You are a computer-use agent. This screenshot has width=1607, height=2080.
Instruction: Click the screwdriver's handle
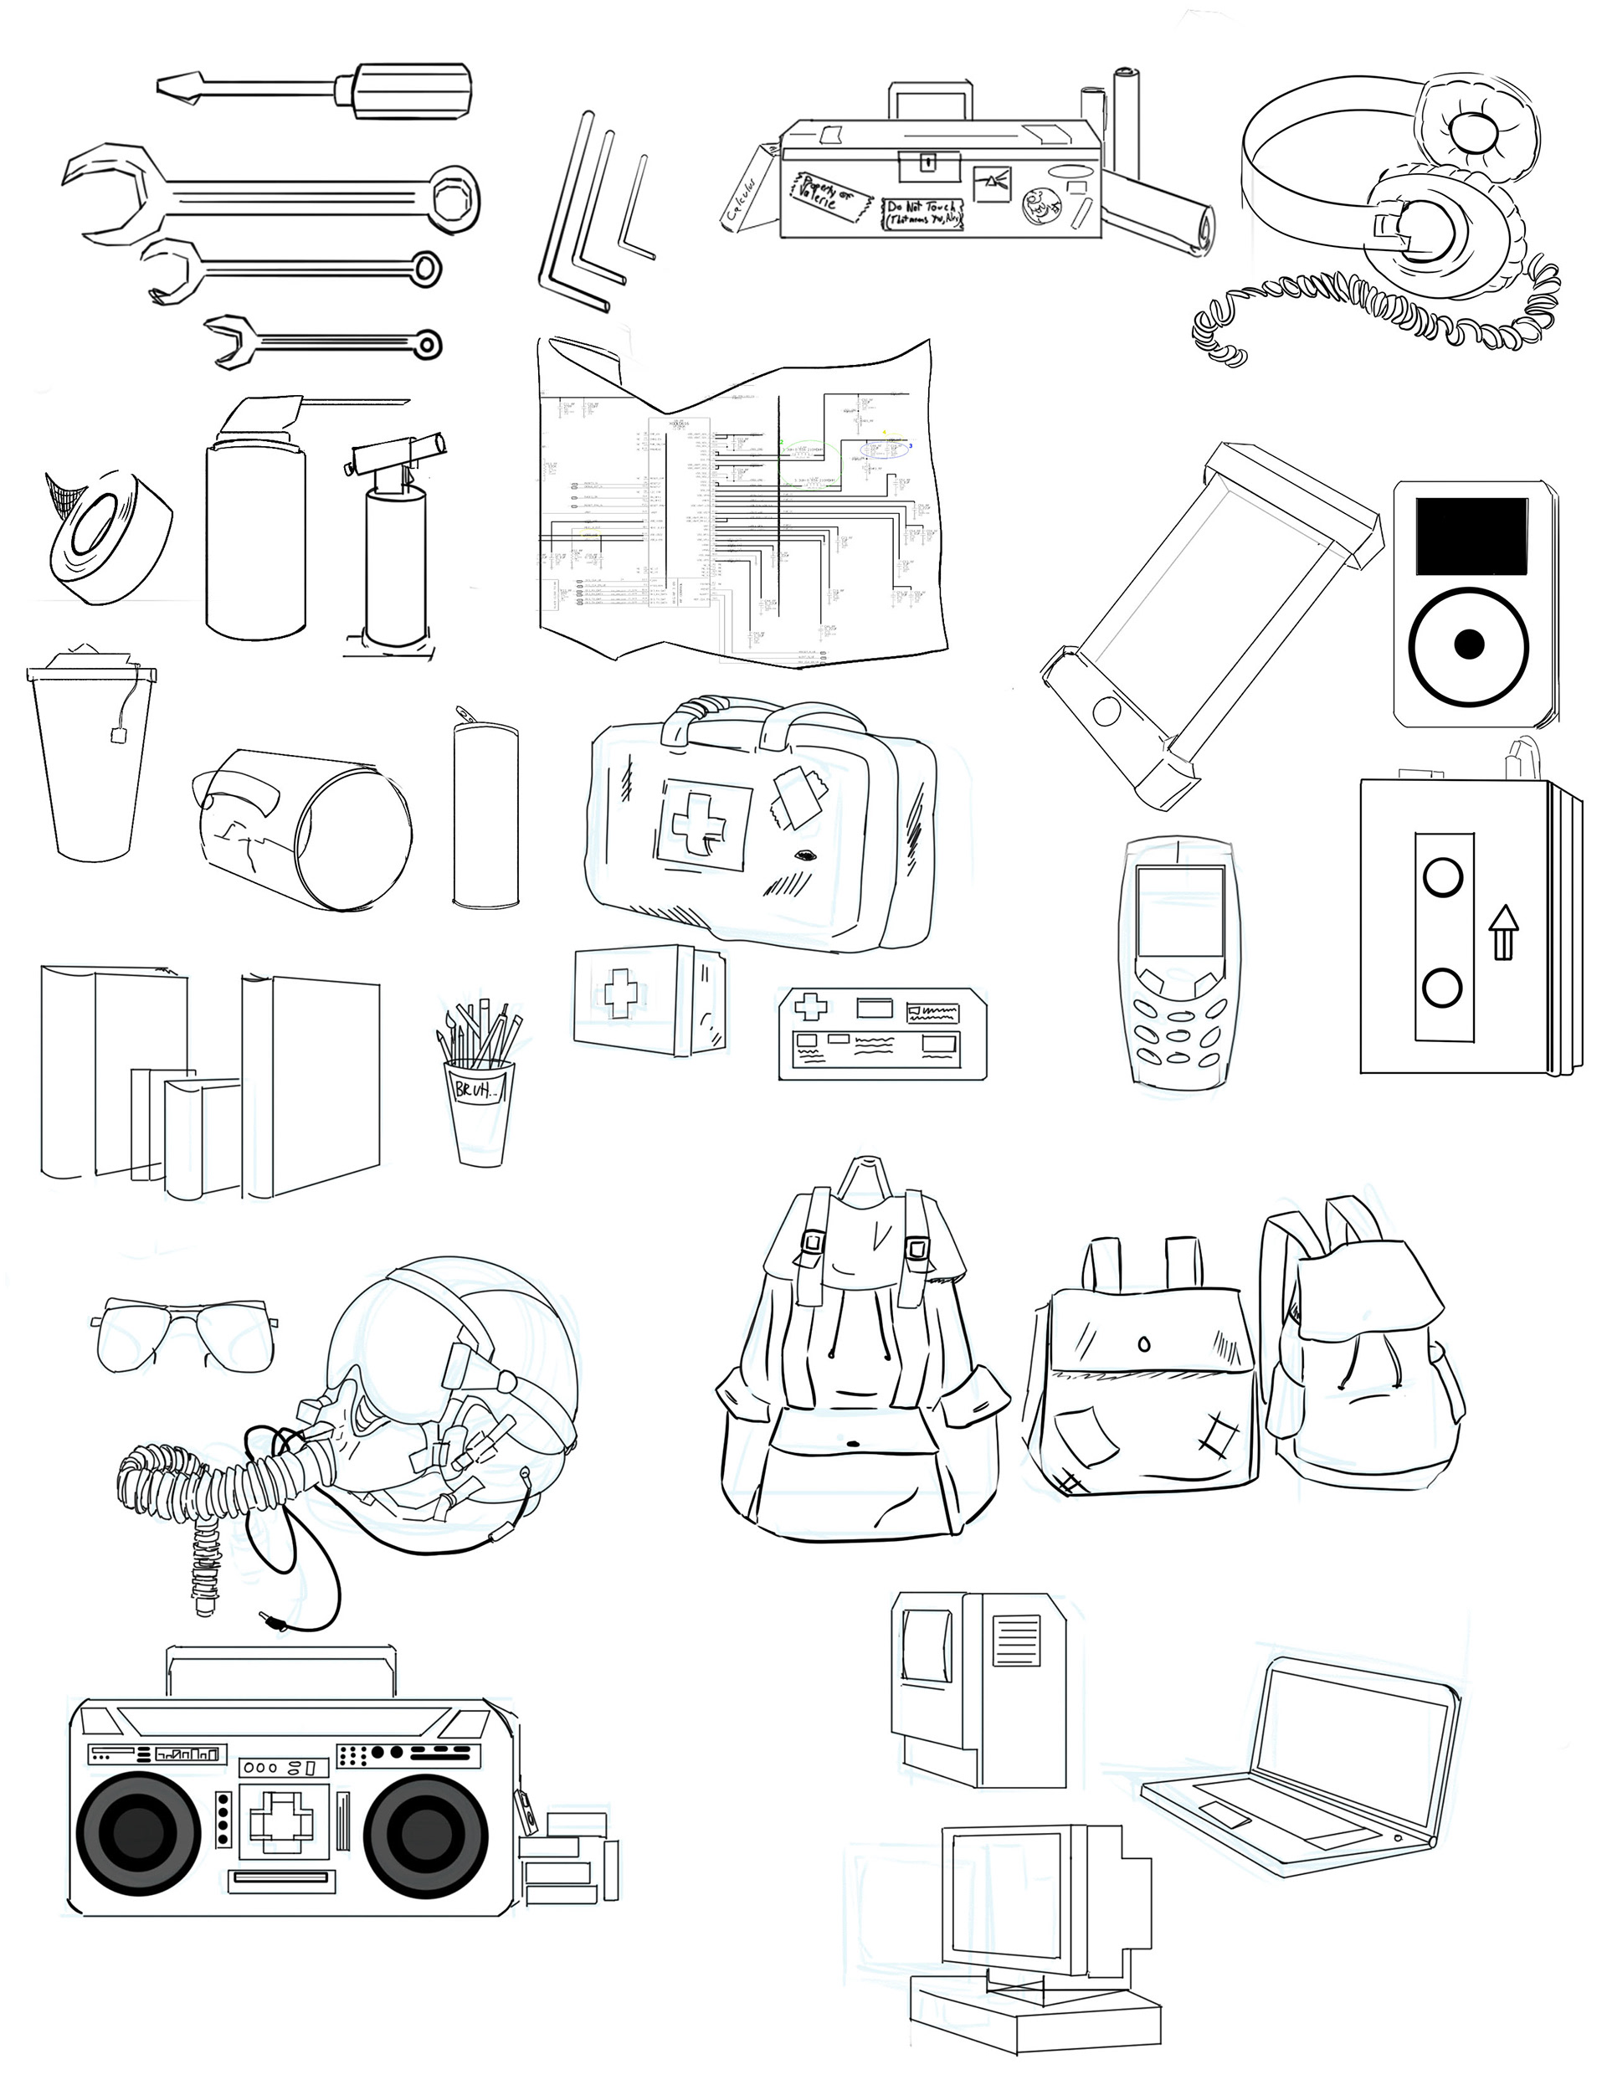pos(413,90)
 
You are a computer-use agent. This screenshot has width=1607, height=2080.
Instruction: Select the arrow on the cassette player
pos(1503,932)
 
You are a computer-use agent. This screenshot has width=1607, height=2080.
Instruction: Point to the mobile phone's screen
pos(1179,912)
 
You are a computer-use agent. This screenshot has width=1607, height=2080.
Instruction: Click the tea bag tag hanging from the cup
pos(119,734)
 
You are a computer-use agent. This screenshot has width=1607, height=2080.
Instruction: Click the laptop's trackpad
pos(1222,1813)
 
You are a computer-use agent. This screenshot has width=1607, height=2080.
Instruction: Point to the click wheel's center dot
pos(1470,645)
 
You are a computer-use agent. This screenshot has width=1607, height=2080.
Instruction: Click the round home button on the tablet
pos(1106,710)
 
